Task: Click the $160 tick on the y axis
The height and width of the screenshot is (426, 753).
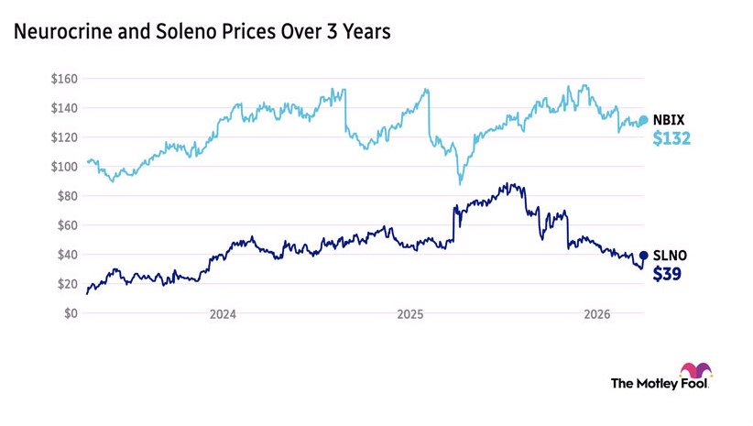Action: point(65,79)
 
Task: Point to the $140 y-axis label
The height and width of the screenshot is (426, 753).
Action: point(65,108)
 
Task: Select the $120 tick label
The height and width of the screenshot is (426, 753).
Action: point(65,137)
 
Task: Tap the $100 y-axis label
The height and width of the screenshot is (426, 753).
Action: point(65,167)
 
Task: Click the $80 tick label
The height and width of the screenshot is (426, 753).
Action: point(68,196)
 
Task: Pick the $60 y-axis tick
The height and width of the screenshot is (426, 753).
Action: point(68,225)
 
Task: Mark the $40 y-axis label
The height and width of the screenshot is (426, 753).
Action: point(68,255)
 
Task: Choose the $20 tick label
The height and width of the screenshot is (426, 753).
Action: point(68,284)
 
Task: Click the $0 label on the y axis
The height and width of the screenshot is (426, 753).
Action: point(71,313)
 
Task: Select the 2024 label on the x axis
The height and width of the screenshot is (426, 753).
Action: point(223,314)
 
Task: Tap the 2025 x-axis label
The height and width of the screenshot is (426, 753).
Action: point(409,314)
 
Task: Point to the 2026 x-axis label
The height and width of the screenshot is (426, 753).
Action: point(597,314)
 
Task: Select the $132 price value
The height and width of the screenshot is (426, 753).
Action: point(671,139)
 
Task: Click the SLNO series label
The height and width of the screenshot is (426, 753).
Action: point(669,256)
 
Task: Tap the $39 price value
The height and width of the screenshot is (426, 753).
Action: point(667,274)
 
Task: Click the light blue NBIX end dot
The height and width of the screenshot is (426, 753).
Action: point(643,120)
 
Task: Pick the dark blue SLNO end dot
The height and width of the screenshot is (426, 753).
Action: point(643,256)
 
